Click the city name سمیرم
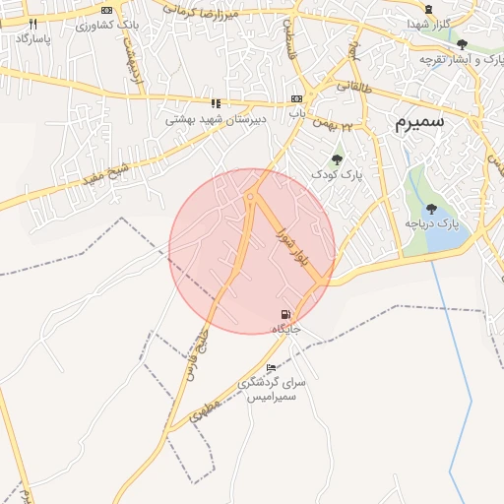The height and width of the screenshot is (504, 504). [419, 122]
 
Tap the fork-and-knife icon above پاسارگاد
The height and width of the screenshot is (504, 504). [32, 24]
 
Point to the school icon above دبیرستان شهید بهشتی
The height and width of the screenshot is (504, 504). [216, 102]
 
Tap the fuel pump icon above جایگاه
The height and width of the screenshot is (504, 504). [285, 314]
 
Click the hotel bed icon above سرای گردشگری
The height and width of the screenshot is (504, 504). [272, 368]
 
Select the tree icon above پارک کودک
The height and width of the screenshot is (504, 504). [338, 158]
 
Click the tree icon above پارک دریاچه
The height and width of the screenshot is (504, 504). [431, 209]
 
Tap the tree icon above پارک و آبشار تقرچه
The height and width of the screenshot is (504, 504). [462, 43]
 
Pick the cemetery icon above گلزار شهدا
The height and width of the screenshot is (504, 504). [428, 10]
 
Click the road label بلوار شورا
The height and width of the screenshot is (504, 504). [292, 251]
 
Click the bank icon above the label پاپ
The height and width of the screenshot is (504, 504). [295, 100]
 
